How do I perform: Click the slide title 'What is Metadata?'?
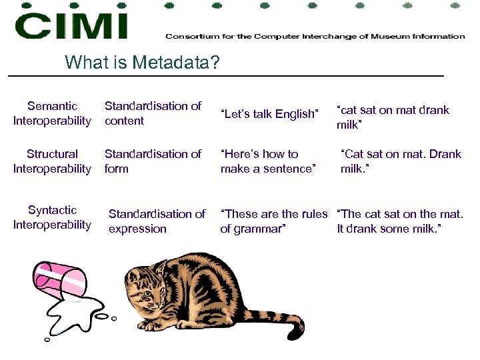point(141,63)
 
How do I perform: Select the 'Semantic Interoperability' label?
point(52,113)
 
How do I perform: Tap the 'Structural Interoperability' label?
point(52,161)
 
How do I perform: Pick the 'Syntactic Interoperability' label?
point(52,217)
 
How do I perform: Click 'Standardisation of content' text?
point(153,113)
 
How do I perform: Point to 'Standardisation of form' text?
point(153,161)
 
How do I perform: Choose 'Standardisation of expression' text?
point(157,221)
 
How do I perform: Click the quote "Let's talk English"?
point(270,114)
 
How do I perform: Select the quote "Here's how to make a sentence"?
point(267,161)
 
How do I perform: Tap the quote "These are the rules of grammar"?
point(273,221)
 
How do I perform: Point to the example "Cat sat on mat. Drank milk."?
point(400,161)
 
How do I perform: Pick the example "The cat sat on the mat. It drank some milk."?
point(400,221)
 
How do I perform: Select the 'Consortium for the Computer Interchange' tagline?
point(315,36)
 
